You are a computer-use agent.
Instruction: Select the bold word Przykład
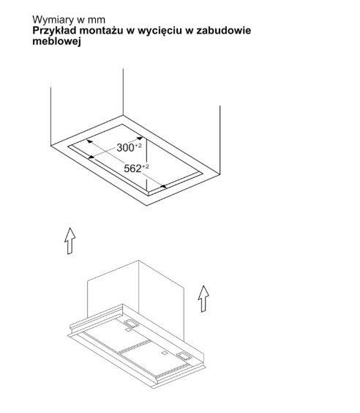point(54,31)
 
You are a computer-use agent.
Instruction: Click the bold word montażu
point(101,30)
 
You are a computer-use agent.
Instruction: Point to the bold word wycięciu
point(160,31)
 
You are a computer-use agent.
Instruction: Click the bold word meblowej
point(56,41)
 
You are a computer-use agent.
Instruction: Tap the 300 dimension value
point(125,148)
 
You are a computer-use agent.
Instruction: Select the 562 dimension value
point(132,168)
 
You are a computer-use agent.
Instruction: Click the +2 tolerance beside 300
point(138,146)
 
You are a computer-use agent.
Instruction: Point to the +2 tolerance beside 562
point(146,166)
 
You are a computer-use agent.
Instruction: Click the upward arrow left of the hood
point(70,241)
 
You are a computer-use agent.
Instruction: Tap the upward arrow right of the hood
point(203,299)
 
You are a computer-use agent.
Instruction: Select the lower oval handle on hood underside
point(184,356)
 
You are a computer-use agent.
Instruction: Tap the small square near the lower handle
point(165,353)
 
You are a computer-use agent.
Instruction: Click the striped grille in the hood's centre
point(135,346)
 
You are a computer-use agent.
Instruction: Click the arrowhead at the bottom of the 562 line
point(163,187)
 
